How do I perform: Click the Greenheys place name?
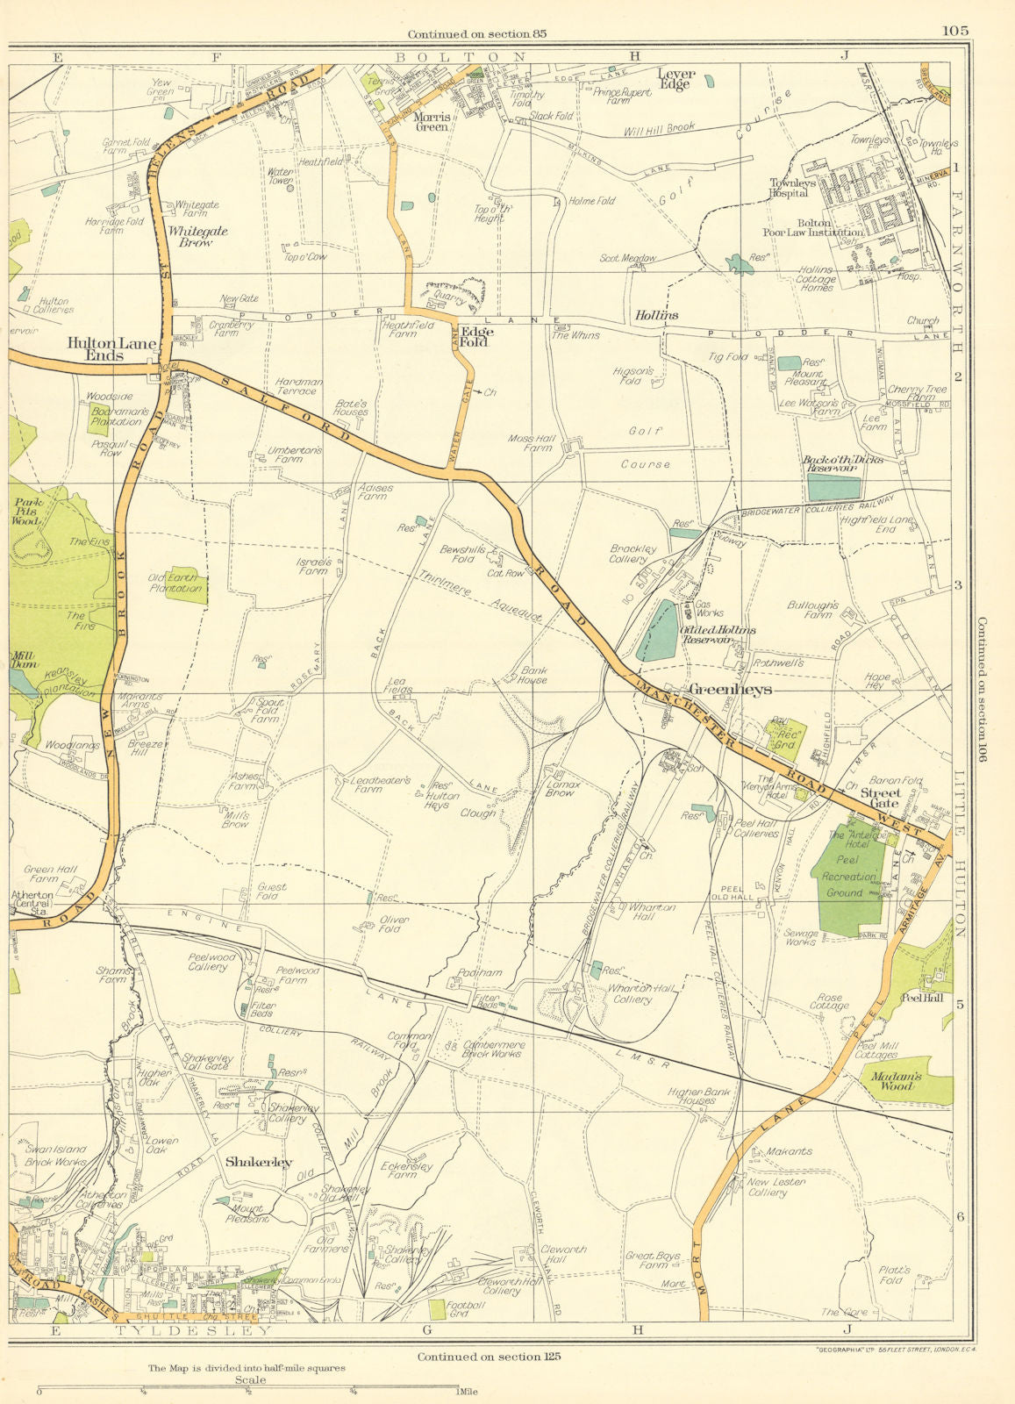point(731,690)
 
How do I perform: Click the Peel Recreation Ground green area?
point(847,877)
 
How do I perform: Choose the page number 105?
point(955,30)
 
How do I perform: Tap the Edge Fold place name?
point(477,337)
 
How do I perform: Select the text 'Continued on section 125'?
point(489,1356)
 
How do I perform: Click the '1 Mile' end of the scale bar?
point(457,1391)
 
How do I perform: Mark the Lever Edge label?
point(675,80)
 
